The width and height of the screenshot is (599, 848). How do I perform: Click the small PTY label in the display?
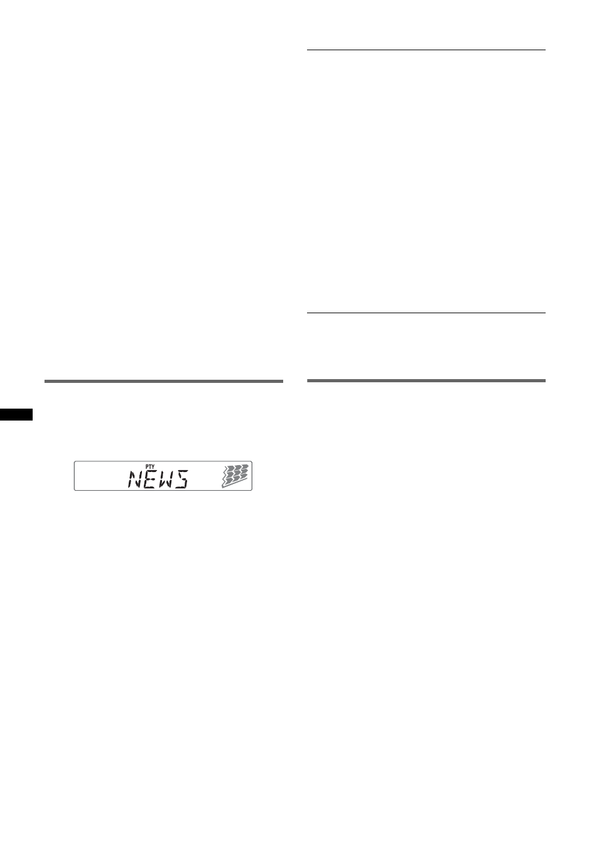pos(150,467)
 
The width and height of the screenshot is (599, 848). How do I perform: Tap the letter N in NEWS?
pos(135,479)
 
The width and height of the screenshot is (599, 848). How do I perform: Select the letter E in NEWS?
pos(150,480)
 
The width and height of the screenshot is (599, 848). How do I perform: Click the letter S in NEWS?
pos(181,480)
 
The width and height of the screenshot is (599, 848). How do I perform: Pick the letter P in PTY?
pos(147,467)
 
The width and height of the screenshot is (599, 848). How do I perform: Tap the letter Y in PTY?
pos(153,467)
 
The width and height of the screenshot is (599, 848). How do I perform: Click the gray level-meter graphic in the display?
pos(235,476)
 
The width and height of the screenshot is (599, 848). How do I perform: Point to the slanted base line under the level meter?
pos(235,483)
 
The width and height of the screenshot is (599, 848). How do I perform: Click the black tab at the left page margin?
pos(16,414)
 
